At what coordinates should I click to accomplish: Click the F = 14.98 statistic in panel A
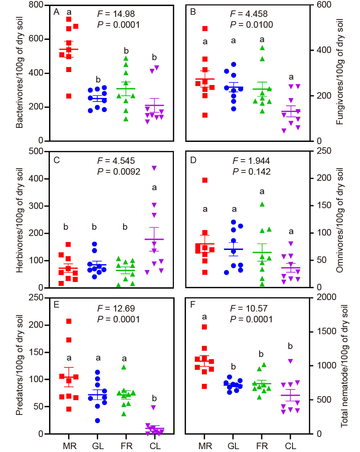point(116,14)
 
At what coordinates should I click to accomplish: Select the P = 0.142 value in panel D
point(251,171)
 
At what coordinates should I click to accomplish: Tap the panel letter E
point(56,305)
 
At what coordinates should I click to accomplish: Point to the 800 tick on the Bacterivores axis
point(36,5)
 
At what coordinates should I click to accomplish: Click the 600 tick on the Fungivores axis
point(324,5)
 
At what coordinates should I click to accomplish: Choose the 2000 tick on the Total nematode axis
point(327,297)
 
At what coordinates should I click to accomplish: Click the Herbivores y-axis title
point(20,220)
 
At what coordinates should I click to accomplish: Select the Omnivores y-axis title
point(339,220)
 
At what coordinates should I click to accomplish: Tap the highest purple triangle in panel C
point(154,168)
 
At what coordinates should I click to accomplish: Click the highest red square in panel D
point(205,180)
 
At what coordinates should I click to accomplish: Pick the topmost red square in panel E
point(69,321)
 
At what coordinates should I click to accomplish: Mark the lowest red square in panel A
point(69,96)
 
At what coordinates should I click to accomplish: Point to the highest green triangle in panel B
point(262,48)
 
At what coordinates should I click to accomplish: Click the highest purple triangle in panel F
point(291,361)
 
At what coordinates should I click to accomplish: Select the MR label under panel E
point(69,446)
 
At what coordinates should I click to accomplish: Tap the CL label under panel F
point(291,446)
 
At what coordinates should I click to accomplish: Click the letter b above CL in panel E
point(154,398)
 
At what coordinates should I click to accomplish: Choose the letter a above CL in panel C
point(154,187)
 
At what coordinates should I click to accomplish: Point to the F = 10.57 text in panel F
point(249,309)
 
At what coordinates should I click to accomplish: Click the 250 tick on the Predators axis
point(36,297)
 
